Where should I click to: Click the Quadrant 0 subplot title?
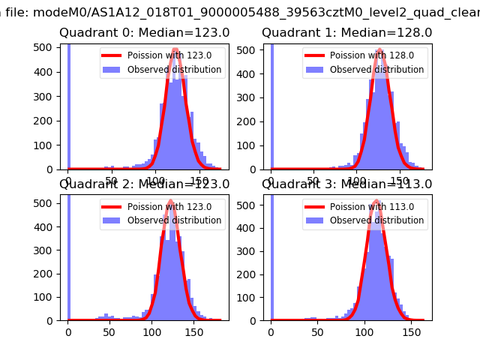click(x=145, y=33)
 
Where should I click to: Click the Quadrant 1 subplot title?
click(x=346, y=33)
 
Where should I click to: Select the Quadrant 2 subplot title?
click(x=145, y=184)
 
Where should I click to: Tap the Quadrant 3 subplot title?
click(x=346, y=184)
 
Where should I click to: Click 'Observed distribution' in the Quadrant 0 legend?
click(x=174, y=70)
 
